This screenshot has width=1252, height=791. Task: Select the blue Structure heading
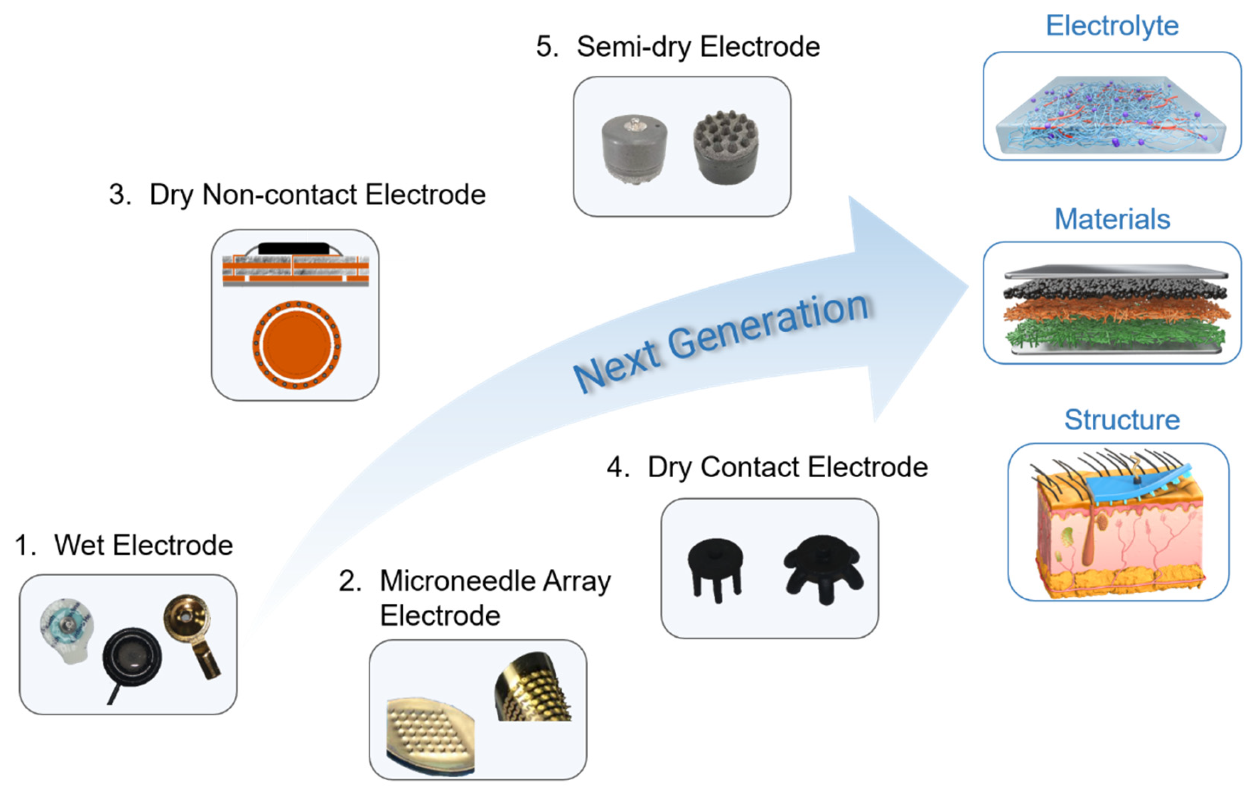click(x=1122, y=420)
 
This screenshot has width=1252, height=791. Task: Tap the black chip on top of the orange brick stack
click(x=294, y=248)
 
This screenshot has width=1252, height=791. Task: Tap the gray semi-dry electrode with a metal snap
click(x=634, y=148)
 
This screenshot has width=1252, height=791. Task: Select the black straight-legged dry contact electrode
click(x=715, y=567)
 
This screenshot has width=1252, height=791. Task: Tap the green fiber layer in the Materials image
click(x=1113, y=333)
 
